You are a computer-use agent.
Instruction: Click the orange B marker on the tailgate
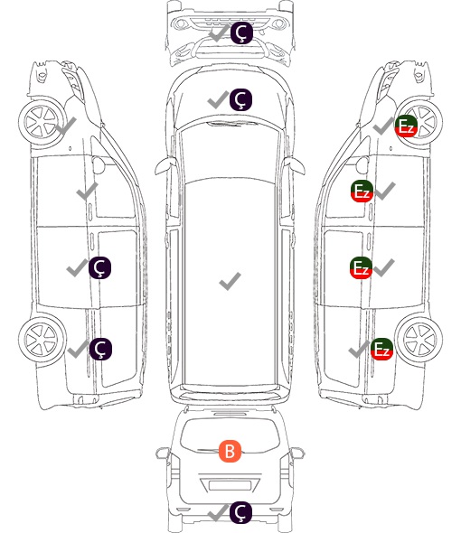click(230, 452)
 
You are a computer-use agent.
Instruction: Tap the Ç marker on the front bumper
click(241, 33)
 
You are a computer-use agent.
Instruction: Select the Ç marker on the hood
click(240, 99)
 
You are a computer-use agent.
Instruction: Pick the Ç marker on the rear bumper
click(240, 512)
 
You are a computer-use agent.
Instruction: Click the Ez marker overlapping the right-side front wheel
click(406, 126)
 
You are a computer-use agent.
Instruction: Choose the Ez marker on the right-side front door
click(362, 191)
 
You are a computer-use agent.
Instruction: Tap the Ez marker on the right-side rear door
click(361, 268)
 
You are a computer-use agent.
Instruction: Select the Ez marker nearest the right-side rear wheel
click(381, 349)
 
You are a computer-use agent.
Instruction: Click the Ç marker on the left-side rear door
click(99, 268)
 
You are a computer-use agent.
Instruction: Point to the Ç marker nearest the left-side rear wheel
click(100, 349)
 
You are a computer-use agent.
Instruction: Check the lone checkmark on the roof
click(230, 281)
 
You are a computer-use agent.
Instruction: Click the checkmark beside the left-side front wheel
click(66, 126)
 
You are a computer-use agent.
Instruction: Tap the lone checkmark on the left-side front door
click(87, 191)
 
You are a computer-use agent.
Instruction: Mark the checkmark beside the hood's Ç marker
click(218, 100)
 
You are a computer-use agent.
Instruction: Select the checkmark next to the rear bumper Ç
click(218, 512)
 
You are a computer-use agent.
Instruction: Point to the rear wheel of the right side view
click(419, 340)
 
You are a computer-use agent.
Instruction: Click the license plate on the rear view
click(230, 485)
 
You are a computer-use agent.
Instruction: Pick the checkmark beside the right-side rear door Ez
click(384, 268)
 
